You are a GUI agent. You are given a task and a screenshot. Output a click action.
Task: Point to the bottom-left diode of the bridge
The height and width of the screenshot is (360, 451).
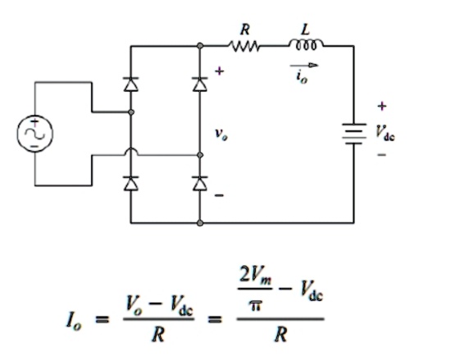pos(130,185)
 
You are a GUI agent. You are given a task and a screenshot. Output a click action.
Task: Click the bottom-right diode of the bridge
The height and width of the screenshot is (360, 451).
pos(199,185)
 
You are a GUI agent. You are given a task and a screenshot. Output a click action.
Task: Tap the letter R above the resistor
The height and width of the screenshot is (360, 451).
pos(244,30)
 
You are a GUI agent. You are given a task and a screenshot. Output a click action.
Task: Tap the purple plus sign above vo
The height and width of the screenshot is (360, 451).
pos(219,71)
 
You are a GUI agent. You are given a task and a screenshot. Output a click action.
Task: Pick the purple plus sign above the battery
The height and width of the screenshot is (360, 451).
pos(382,106)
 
